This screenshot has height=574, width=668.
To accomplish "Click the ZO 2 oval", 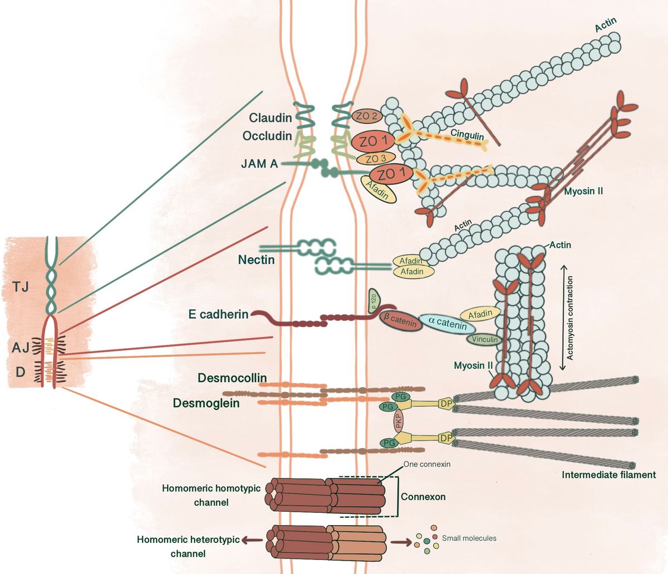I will click(x=366, y=116).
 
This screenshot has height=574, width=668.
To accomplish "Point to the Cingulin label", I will click(x=467, y=134).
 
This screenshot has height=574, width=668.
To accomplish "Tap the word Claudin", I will click(x=271, y=118).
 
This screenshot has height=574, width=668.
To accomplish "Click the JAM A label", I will click(x=259, y=164).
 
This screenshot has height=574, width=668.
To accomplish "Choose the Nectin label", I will click(x=256, y=259).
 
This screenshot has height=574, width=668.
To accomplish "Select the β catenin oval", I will click(x=399, y=320).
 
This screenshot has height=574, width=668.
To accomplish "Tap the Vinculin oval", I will click(x=484, y=339).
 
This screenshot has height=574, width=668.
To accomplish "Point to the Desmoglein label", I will click(x=206, y=403).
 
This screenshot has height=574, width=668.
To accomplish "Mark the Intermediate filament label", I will click(x=608, y=475).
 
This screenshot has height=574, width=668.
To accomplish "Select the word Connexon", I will click(x=423, y=497).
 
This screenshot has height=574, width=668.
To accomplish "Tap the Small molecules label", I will click(x=469, y=538).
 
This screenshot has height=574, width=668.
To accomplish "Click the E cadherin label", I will click(x=218, y=314).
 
